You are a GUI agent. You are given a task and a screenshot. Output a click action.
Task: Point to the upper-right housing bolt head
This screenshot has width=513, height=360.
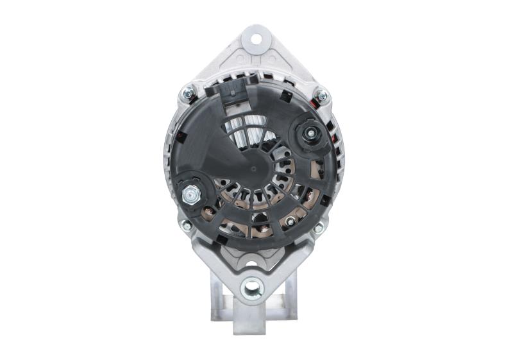click(322, 96)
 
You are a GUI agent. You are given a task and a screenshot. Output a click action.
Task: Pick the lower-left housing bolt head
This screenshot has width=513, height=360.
click(186, 225)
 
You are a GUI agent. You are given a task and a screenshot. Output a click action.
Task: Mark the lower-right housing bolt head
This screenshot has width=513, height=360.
click(318, 227)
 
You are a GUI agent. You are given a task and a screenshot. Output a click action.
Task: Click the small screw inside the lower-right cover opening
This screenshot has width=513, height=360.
click(290, 221)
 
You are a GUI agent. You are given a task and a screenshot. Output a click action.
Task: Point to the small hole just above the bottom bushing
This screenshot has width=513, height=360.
click(251, 263)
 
